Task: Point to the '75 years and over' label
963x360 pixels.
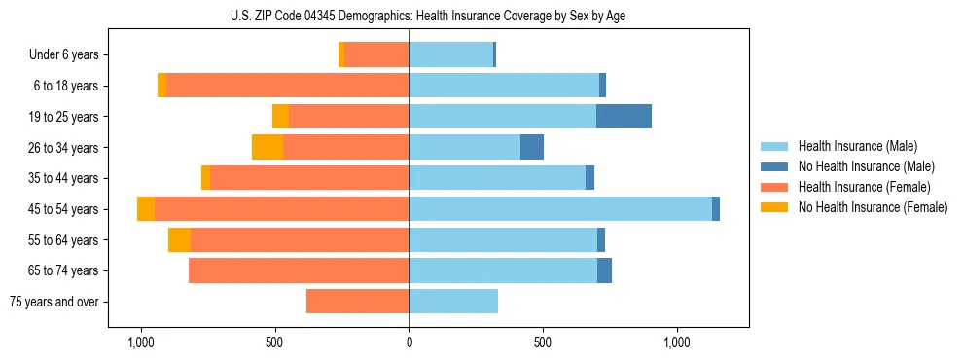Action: tap(54, 302)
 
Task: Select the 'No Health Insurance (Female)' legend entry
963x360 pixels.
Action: tap(873, 207)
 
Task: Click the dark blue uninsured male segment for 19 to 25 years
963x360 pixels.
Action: tap(624, 117)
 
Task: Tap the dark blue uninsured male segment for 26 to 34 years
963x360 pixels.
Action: tap(532, 148)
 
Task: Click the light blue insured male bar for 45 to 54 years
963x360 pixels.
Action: tap(560, 209)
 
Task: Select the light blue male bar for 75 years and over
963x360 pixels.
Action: tap(453, 302)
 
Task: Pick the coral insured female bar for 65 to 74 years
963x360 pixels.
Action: tap(299, 270)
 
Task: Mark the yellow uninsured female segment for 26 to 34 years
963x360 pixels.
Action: tap(267, 148)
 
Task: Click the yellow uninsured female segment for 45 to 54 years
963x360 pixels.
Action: tap(146, 209)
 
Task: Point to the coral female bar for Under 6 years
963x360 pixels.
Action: tap(376, 55)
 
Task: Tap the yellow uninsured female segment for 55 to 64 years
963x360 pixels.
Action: tap(179, 240)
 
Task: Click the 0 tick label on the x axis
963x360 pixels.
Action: tap(409, 342)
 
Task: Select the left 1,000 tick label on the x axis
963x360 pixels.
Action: tap(141, 342)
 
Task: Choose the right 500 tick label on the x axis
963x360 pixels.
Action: tap(543, 342)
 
